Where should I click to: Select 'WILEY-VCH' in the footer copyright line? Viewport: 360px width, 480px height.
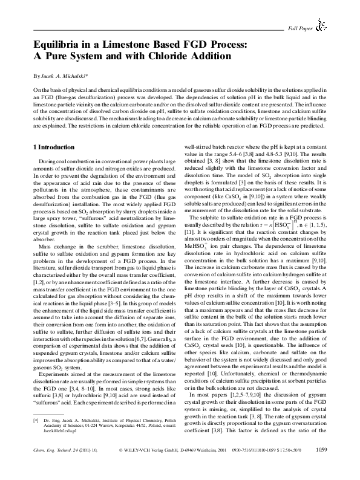139,467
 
